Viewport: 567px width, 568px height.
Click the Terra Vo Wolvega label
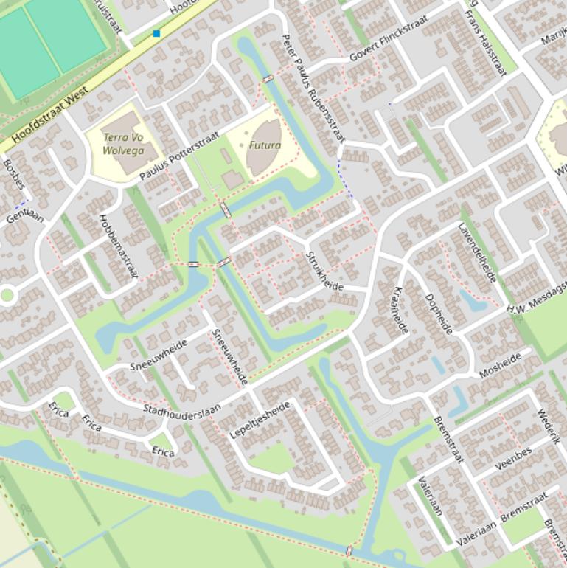(122, 143)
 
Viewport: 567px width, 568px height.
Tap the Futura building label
(265, 145)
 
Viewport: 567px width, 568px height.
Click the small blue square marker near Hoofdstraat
(156, 34)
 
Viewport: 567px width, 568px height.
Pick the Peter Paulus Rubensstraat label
(313, 88)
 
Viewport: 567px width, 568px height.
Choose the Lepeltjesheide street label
(260, 420)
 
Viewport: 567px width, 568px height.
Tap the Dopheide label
(439, 314)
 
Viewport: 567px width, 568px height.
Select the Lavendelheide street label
(477, 253)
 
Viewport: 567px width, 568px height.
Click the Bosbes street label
(13, 175)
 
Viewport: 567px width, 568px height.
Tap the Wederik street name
(549, 427)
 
